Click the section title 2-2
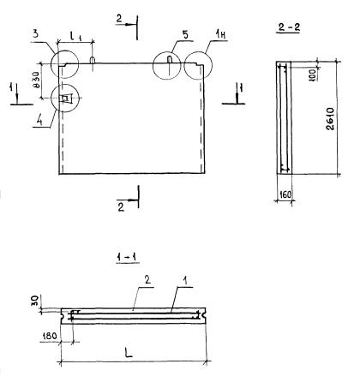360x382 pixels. pyautogui.click(x=289, y=27)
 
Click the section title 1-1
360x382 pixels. pyautogui.click(x=128, y=258)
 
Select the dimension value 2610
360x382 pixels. pyautogui.click(x=330, y=119)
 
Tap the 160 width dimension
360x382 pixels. pyautogui.click(x=285, y=194)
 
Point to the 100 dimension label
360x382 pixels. pyautogui.click(x=312, y=75)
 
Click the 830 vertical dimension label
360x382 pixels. pyautogui.click(x=37, y=81)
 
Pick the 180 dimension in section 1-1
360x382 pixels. pyautogui.click(x=50, y=336)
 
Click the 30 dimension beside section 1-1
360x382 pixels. pyautogui.click(x=35, y=301)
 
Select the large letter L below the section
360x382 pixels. pyautogui.click(x=129, y=353)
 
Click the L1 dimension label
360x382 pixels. pyautogui.click(x=75, y=36)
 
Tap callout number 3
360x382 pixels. pyautogui.click(x=35, y=34)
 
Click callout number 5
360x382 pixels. pyautogui.click(x=185, y=35)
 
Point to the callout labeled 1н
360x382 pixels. pyautogui.click(x=219, y=35)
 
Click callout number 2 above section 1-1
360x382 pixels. pyautogui.click(x=147, y=280)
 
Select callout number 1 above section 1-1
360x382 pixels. pyautogui.click(x=185, y=282)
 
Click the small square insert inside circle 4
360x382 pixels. pyautogui.click(x=66, y=98)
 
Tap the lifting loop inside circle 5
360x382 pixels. pyautogui.click(x=170, y=60)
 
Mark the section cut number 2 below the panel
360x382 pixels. pyautogui.click(x=121, y=207)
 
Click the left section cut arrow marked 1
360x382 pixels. pyautogui.click(x=17, y=94)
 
